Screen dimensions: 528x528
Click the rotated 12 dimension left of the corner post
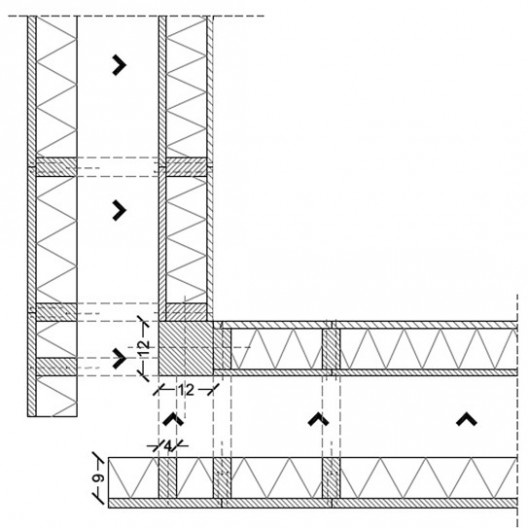coord(144,348)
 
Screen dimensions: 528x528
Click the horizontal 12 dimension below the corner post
coord(186,390)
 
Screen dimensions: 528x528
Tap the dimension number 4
coord(168,446)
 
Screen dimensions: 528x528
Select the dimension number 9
coord(99,478)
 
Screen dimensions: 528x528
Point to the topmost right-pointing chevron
coord(119,65)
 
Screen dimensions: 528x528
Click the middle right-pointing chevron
coord(119,210)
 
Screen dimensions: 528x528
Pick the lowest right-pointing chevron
coord(119,358)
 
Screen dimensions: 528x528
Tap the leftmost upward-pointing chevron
coord(173,420)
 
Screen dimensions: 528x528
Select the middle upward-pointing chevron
coord(318,420)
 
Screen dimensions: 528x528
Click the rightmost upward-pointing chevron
coord(466,420)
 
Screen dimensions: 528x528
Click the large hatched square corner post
coord(186,348)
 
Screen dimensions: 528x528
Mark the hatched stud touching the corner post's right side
coord(222,349)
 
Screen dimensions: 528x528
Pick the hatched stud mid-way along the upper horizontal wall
coord(331,349)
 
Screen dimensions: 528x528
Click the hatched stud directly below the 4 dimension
coord(167,477)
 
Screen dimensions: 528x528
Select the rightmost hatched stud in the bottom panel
coord(331,477)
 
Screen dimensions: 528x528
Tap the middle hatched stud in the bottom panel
coord(222,477)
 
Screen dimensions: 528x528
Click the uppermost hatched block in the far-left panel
coord(56,167)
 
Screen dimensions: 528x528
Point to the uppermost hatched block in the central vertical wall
coord(186,167)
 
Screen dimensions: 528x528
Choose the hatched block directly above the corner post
coord(186,312)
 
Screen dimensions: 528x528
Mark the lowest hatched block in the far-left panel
coord(56,367)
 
